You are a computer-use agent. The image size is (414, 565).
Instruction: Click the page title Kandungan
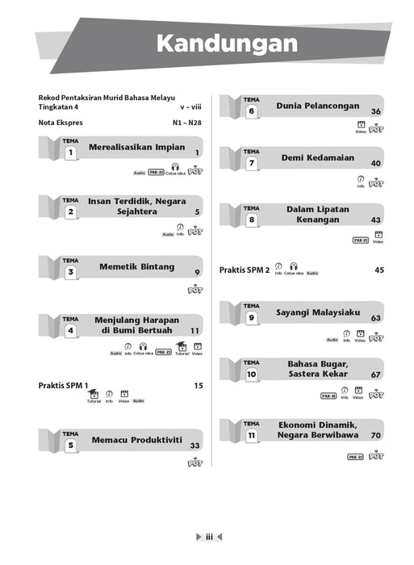pos(226,44)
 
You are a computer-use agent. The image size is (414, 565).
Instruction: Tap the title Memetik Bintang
pos(133,267)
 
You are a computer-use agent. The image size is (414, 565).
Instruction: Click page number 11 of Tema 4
pos(194,331)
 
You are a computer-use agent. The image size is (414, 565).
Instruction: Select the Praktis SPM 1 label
pos(63,386)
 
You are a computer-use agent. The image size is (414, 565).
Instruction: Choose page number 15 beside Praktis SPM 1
pos(198,386)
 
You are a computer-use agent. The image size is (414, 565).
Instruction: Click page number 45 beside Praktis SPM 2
pos(378,270)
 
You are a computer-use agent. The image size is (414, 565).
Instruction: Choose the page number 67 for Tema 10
pos(376,375)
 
